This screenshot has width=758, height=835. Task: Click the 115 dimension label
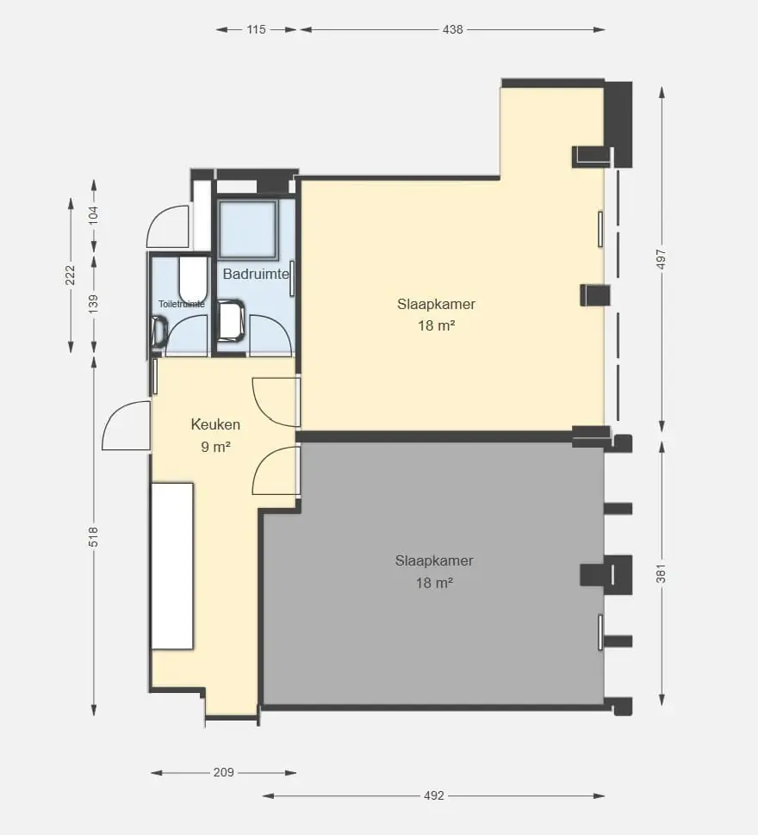256,30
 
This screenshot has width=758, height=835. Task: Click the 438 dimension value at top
453,30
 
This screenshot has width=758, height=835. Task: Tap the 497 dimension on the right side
661,259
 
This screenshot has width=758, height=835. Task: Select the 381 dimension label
661,573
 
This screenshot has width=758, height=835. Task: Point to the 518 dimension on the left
93,537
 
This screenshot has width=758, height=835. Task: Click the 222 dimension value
71,275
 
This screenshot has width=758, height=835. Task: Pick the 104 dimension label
93,215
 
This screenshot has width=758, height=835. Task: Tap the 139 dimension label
93,304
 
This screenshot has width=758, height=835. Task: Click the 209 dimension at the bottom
224,772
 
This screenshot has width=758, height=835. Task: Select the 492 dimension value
434,795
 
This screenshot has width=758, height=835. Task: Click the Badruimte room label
256,275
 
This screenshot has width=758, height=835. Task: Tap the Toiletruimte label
182,304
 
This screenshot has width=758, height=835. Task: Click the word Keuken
215,424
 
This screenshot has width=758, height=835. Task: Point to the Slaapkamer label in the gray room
434,560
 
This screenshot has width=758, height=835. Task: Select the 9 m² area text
215,447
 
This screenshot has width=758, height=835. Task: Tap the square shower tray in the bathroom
248,229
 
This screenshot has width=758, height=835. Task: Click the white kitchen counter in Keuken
172,566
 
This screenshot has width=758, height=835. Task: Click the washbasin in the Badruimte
232,320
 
